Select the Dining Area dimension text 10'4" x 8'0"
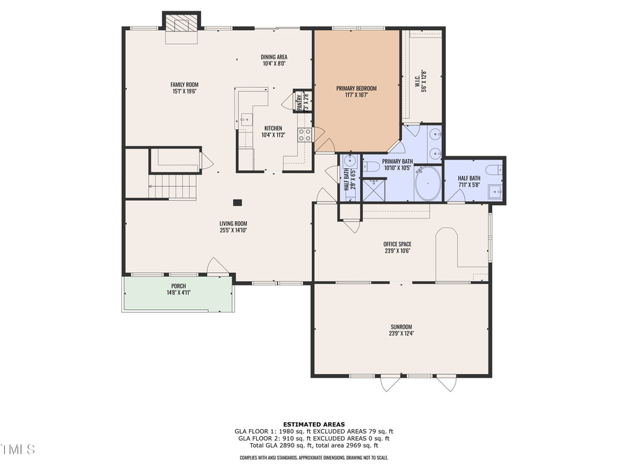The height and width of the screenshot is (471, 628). point(275,63)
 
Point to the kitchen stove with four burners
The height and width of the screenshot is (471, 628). point(305,135)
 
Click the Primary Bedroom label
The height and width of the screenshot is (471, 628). point(356,88)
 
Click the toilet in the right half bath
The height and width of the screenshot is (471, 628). point(493,170)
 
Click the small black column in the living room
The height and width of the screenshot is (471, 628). point(237,203)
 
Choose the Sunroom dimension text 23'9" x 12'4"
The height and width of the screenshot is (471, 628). point(401,334)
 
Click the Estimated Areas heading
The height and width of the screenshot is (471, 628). point(313,424)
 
